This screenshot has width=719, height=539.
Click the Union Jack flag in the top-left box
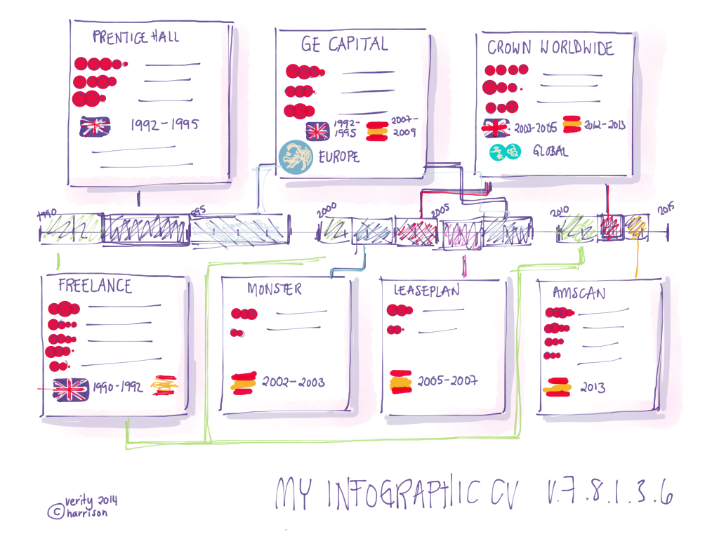tap(95, 126)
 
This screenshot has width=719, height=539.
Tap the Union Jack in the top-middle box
tap(316, 131)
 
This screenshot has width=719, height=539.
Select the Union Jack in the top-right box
tap(499, 128)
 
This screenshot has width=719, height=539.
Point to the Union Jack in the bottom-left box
tap(69, 389)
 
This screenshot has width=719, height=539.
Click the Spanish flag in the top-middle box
tap(379, 131)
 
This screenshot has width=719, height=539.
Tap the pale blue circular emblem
tap(296, 156)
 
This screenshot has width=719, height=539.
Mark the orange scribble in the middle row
tap(638, 226)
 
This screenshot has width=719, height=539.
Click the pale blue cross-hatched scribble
tap(239, 226)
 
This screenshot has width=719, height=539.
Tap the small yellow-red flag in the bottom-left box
tap(164, 385)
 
